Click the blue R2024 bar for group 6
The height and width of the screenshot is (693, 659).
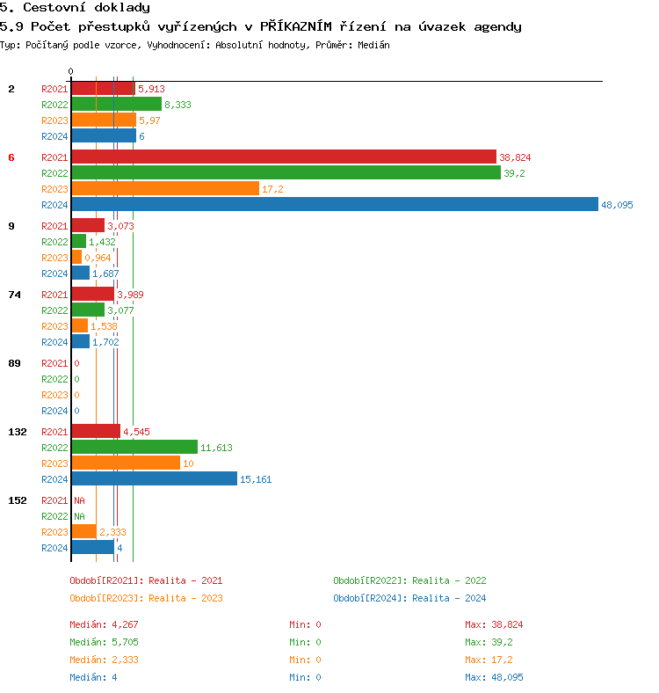tap(334, 204)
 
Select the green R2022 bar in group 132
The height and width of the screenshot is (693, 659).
tap(134, 447)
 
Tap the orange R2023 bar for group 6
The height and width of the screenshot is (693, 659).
tap(165, 188)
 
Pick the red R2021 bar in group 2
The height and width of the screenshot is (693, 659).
tap(103, 88)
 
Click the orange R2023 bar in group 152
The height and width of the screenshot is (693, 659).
tap(83, 531)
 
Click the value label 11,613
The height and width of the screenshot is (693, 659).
tap(216, 448)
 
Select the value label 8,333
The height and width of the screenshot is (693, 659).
tap(177, 105)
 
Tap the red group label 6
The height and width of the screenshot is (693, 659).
tap(11, 157)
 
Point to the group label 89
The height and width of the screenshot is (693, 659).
tap(14, 363)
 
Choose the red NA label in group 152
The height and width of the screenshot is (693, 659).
tap(79, 500)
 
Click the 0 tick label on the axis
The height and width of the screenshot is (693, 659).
tap(70, 72)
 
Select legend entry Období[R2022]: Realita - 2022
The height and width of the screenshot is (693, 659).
tap(409, 580)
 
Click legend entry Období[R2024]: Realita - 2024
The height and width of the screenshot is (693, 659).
tap(409, 598)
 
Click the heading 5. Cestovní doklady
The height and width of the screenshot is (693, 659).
tap(75, 8)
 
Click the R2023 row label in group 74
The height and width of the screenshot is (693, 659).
tap(54, 326)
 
